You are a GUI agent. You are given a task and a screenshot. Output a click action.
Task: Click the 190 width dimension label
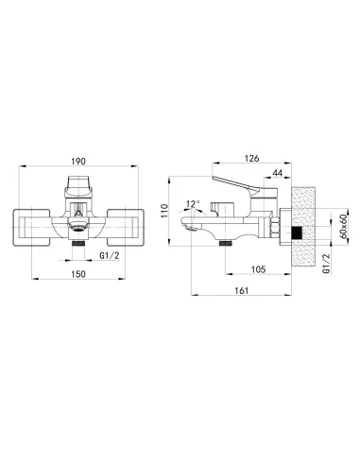[x=78, y=162]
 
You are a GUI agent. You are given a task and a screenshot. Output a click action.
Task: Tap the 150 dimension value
[x=78, y=274]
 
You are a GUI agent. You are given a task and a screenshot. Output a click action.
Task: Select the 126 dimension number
[x=251, y=159]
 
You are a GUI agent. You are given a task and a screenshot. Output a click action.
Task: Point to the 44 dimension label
[x=278, y=173]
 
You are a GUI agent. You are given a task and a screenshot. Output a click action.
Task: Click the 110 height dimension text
[x=164, y=211]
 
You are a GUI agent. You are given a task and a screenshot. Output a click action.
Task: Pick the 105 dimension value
[x=258, y=269]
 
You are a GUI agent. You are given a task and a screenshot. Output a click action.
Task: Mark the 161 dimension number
[x=242, y=290]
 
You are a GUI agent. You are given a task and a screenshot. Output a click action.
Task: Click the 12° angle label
[x=193, y=204]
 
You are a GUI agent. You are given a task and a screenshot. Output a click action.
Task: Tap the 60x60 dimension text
[x=343, y=226]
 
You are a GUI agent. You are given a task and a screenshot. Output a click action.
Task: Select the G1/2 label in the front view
[x=110, y=256]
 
